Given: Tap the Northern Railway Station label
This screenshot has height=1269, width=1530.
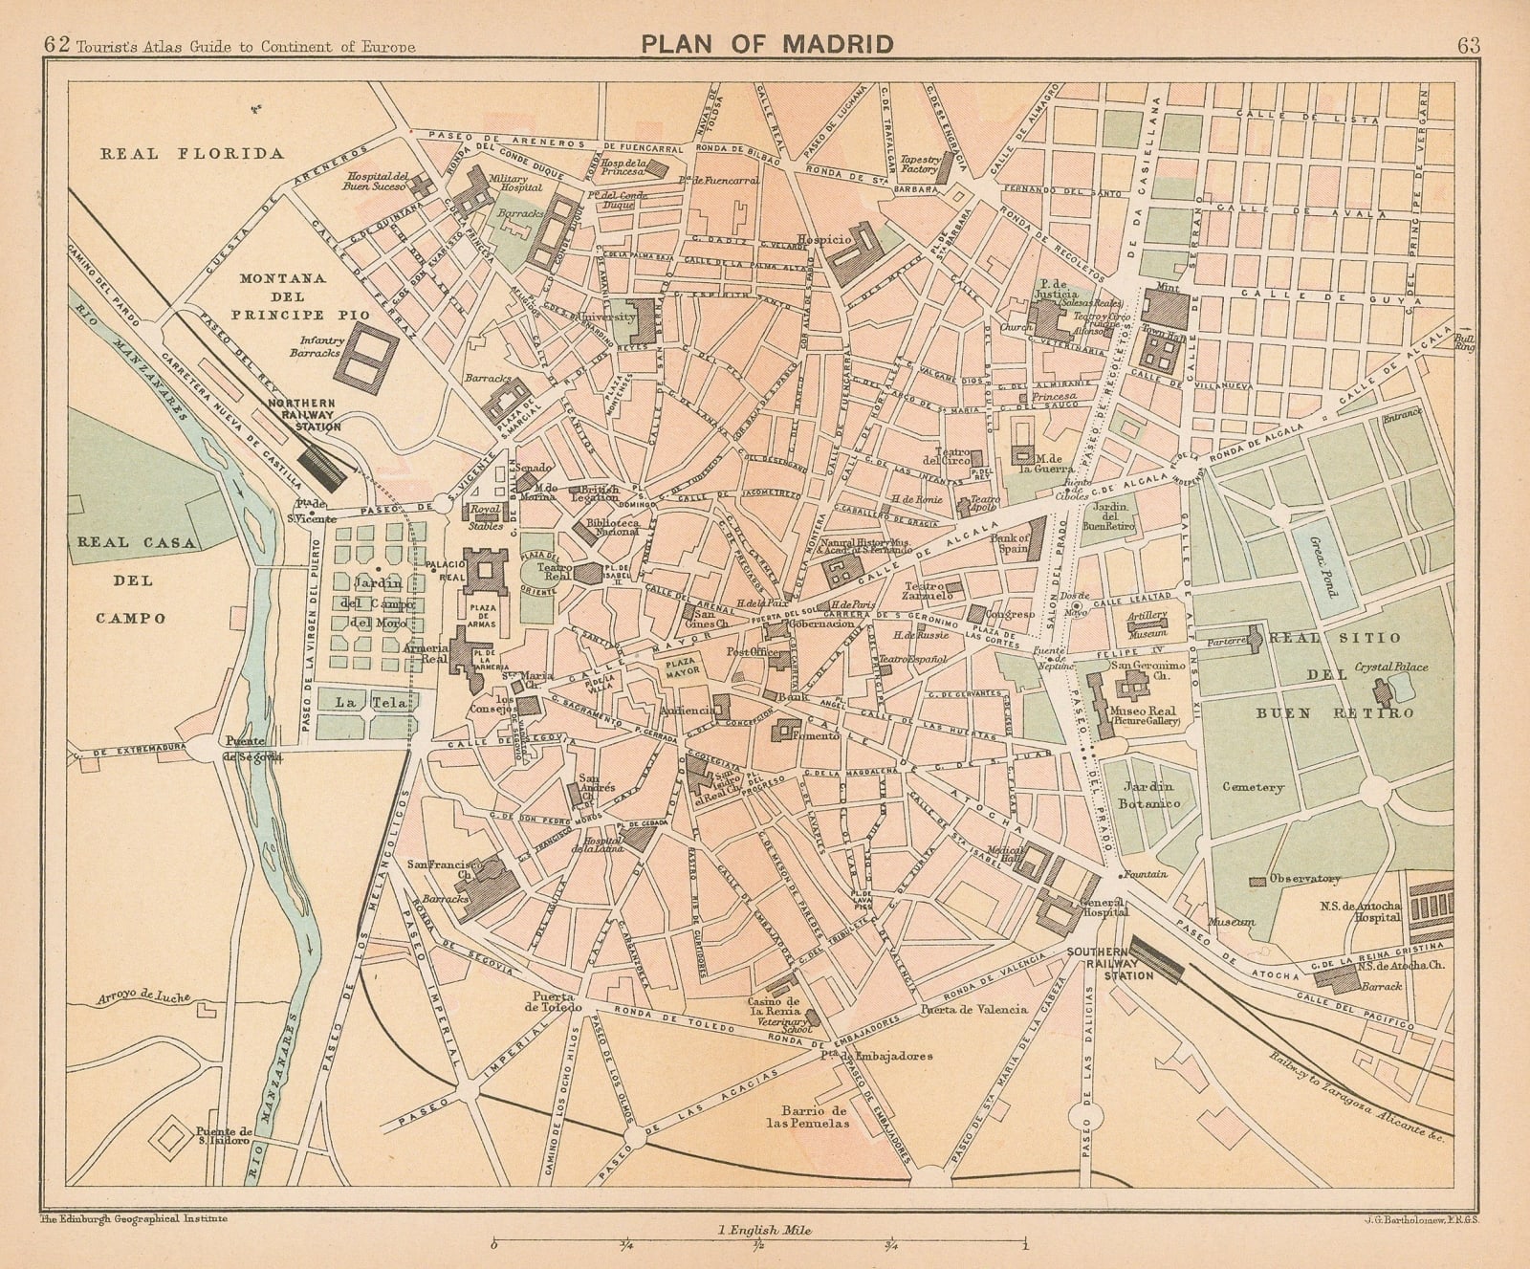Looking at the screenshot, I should pos(302,415).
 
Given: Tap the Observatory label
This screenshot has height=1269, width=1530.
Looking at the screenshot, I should pos(1303,879).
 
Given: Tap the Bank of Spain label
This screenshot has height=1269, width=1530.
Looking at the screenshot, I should pos(1011,544).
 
